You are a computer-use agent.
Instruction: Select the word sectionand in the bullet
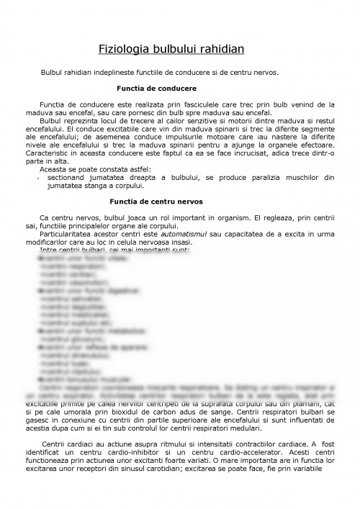(67, 177)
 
